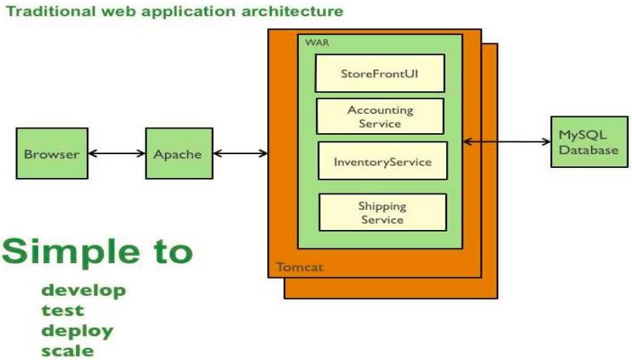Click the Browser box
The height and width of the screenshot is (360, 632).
point(52,153)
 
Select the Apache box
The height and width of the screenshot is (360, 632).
point(178,153)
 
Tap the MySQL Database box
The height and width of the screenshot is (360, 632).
point(589,142)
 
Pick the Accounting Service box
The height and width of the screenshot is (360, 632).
point(380,117)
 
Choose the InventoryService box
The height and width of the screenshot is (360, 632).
point(383,161)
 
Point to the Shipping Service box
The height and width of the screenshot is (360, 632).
point(383,212)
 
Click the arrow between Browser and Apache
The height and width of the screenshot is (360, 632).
point(117,153)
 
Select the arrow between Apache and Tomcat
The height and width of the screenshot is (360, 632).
point(239,153)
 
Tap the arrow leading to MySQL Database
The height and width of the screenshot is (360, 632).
point(507,142)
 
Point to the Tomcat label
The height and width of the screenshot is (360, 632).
point(300,268)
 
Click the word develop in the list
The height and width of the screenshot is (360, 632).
point(83,292)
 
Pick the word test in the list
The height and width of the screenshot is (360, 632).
point(63,311)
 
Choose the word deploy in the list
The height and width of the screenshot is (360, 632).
point(77,331)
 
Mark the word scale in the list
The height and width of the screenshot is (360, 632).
point(67,350)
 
